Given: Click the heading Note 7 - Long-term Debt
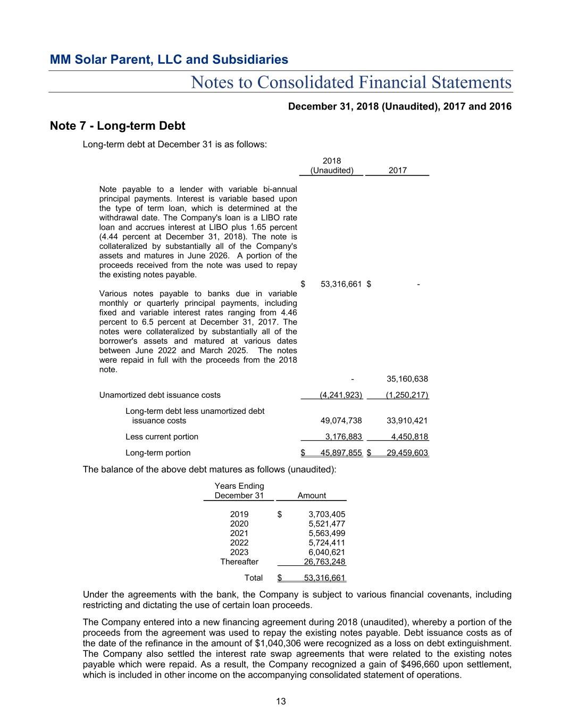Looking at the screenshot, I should (118, 126).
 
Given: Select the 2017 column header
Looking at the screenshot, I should (397, 171).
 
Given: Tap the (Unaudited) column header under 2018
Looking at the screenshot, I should (332, 171).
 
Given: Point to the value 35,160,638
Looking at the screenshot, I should (407, 379).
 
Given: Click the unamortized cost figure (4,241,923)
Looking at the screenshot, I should (340, 395).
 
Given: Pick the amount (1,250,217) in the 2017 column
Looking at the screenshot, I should (407, 395).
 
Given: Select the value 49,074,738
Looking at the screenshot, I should (341, 421).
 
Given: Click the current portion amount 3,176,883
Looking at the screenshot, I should (344, 437).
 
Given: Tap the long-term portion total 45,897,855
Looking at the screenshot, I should (341, 453).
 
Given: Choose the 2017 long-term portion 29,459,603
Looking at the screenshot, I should (407, 453).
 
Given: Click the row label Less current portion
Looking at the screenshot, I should (162, 437).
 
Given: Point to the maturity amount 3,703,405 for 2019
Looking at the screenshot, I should (326, 514).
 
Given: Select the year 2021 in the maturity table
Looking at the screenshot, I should (239, 533).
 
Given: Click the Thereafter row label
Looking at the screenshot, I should (239, 562).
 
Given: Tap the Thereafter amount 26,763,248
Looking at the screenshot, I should (324, 562).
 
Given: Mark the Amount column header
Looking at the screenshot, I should (312, 496).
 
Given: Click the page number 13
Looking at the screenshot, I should (281, 702).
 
